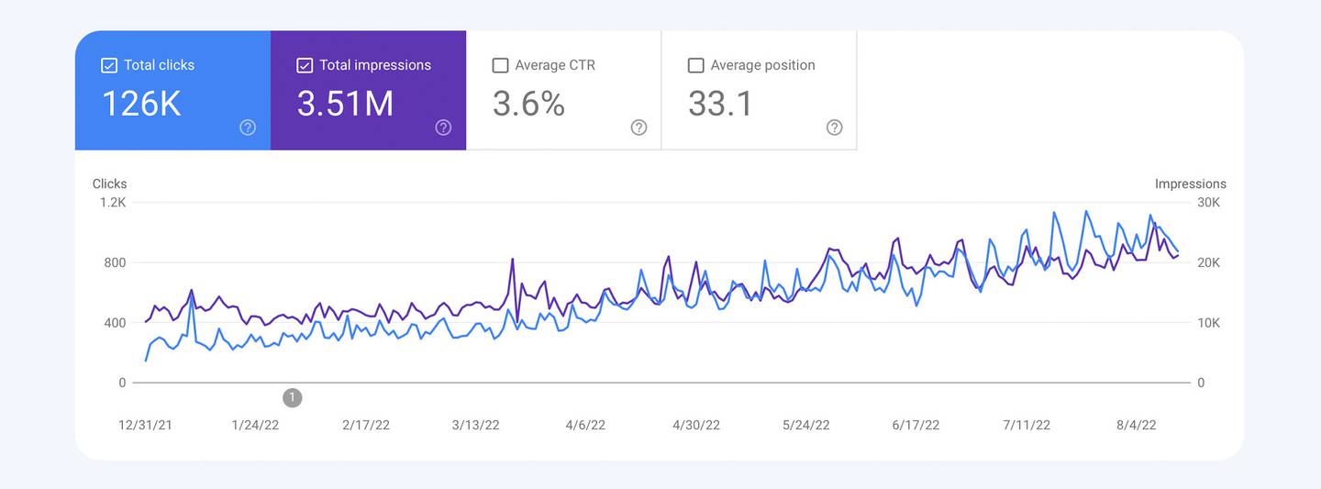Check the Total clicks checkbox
point(109,65)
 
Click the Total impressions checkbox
point(305,65)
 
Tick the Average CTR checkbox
point(500,65)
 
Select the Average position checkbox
point(695,65)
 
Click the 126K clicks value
point(141,104)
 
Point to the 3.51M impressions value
point(345,104)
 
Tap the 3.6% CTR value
point(528,104)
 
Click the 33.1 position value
point(720,104)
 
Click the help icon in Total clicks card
point(248,128)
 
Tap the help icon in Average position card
point(834,128)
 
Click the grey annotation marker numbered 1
point(292,397)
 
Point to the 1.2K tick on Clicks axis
point(113,203)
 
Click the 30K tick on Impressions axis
point(1209,203)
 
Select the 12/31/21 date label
point(145,425)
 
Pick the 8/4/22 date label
point(1136,425)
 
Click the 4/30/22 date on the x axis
point(696,425)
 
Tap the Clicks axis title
point(109,183)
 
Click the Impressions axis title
point(1190,183)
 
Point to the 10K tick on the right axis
point(1209,323)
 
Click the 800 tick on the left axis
point(115,263)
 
